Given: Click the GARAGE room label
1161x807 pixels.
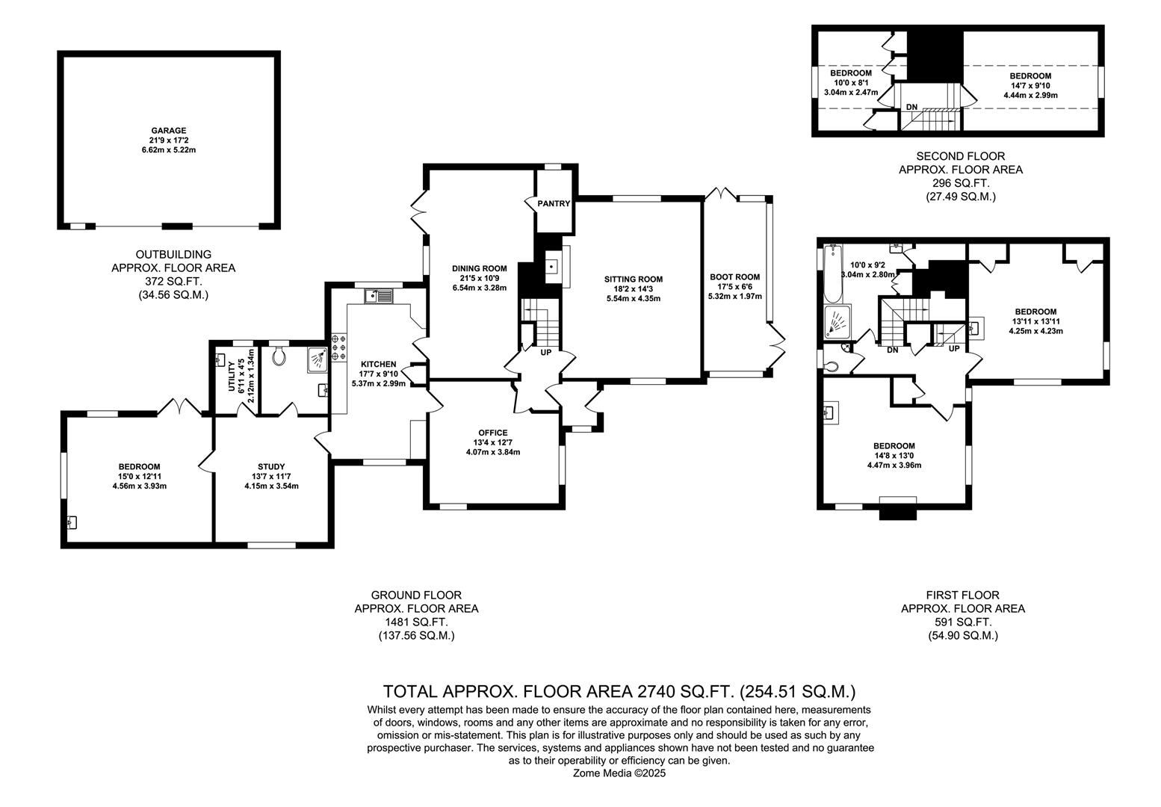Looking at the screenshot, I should (x=168, y=130).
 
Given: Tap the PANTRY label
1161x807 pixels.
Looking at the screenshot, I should (x=554, y=203).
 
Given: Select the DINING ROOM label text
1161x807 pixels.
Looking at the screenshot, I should (x=479, y=268).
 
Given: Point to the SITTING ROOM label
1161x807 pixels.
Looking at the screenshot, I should (x=633, y=279).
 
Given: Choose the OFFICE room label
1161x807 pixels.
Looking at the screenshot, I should (x=492, y=433).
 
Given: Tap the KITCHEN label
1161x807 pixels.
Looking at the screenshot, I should (x=378, y=365).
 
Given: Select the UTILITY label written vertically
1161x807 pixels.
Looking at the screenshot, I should (x=232, y=375).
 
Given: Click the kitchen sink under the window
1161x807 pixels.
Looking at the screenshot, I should (x=380, y=296).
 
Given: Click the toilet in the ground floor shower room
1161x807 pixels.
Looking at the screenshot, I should (x=280, y=356).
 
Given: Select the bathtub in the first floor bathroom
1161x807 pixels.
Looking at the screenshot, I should (x=832, y=273).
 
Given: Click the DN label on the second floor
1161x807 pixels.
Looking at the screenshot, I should (x=911, y=107).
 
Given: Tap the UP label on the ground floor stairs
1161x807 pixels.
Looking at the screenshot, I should (x=545, y=351).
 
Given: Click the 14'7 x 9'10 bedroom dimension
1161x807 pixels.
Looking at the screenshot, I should (x=1030, y=85).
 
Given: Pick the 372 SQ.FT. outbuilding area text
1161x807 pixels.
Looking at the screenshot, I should (x=173, y=281).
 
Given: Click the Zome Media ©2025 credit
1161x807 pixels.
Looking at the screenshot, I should (x=619, y=773).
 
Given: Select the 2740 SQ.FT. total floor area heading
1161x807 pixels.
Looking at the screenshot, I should (x=619, y=690).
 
